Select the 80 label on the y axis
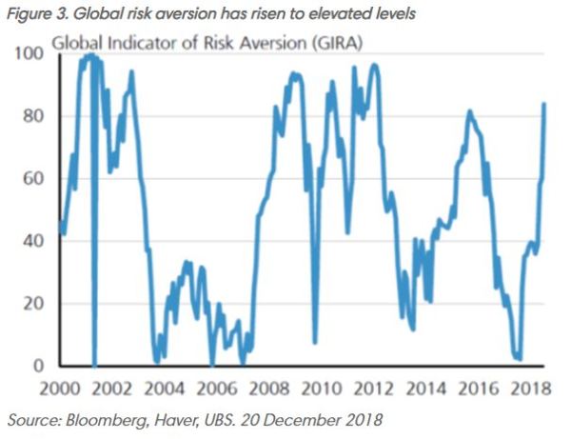coord(35,116)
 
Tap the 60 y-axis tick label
coord(35,179)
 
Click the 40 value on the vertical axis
coord(35,241)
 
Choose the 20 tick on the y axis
coord(35,304)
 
